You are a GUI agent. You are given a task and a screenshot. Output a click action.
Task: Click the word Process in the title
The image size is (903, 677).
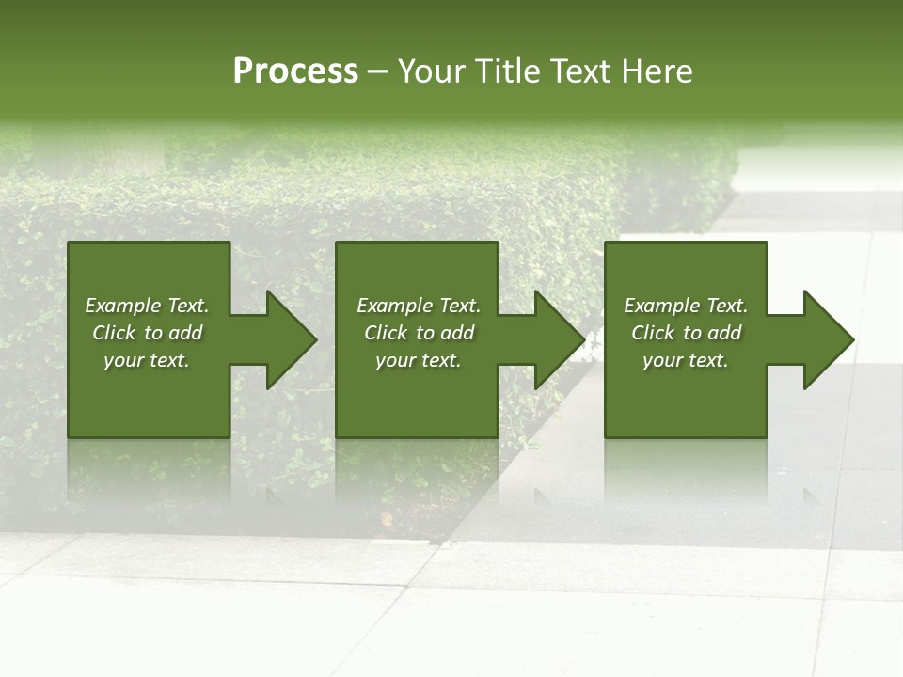point(295,71)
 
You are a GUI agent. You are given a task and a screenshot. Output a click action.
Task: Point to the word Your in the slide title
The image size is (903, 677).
point(432,71)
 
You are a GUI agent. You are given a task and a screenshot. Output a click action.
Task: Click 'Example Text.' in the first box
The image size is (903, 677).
point(147,306)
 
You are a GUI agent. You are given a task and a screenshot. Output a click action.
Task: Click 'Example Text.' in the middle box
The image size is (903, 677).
point(419,306)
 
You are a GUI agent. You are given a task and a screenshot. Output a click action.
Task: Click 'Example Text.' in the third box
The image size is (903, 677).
point(686,306)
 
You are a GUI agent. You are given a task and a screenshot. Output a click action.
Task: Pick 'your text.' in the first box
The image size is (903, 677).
point(147,360)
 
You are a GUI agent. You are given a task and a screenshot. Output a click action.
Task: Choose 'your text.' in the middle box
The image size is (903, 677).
point(419,360)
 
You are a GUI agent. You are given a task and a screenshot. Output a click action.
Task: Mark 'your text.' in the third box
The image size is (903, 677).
point(686,360)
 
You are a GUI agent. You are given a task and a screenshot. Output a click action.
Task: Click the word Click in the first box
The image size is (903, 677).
point(114,333)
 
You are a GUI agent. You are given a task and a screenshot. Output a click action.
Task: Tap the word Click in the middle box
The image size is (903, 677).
point(386,333)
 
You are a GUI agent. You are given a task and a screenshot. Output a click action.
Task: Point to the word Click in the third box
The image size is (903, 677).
point(653,333)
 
